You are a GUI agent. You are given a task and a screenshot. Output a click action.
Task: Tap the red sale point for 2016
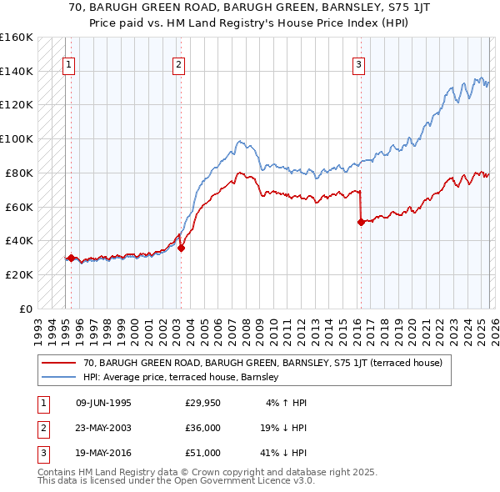[361, 222]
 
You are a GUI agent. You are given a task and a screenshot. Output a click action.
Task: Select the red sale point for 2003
[181, 247]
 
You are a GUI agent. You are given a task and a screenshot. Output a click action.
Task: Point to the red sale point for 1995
[71, 258]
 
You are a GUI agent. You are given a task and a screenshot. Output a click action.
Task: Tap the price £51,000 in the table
[202, 453]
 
